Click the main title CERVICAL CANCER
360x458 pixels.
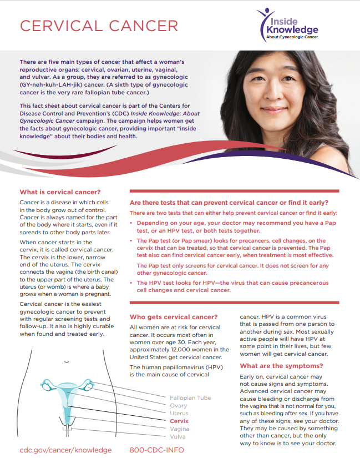click(99, 26)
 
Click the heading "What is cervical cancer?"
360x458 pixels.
click(57, 193)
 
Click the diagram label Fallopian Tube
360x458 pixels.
click(190, 398)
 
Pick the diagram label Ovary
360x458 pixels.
click(179, 406)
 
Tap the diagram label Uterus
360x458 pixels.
click(179, 414)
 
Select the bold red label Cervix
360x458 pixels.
click(179, 421)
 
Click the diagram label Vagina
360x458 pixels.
click(180, 429)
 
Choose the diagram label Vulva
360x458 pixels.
click(178, 437)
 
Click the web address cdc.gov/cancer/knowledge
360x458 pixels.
click(65, 450)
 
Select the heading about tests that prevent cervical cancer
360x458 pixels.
click(229, 203)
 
